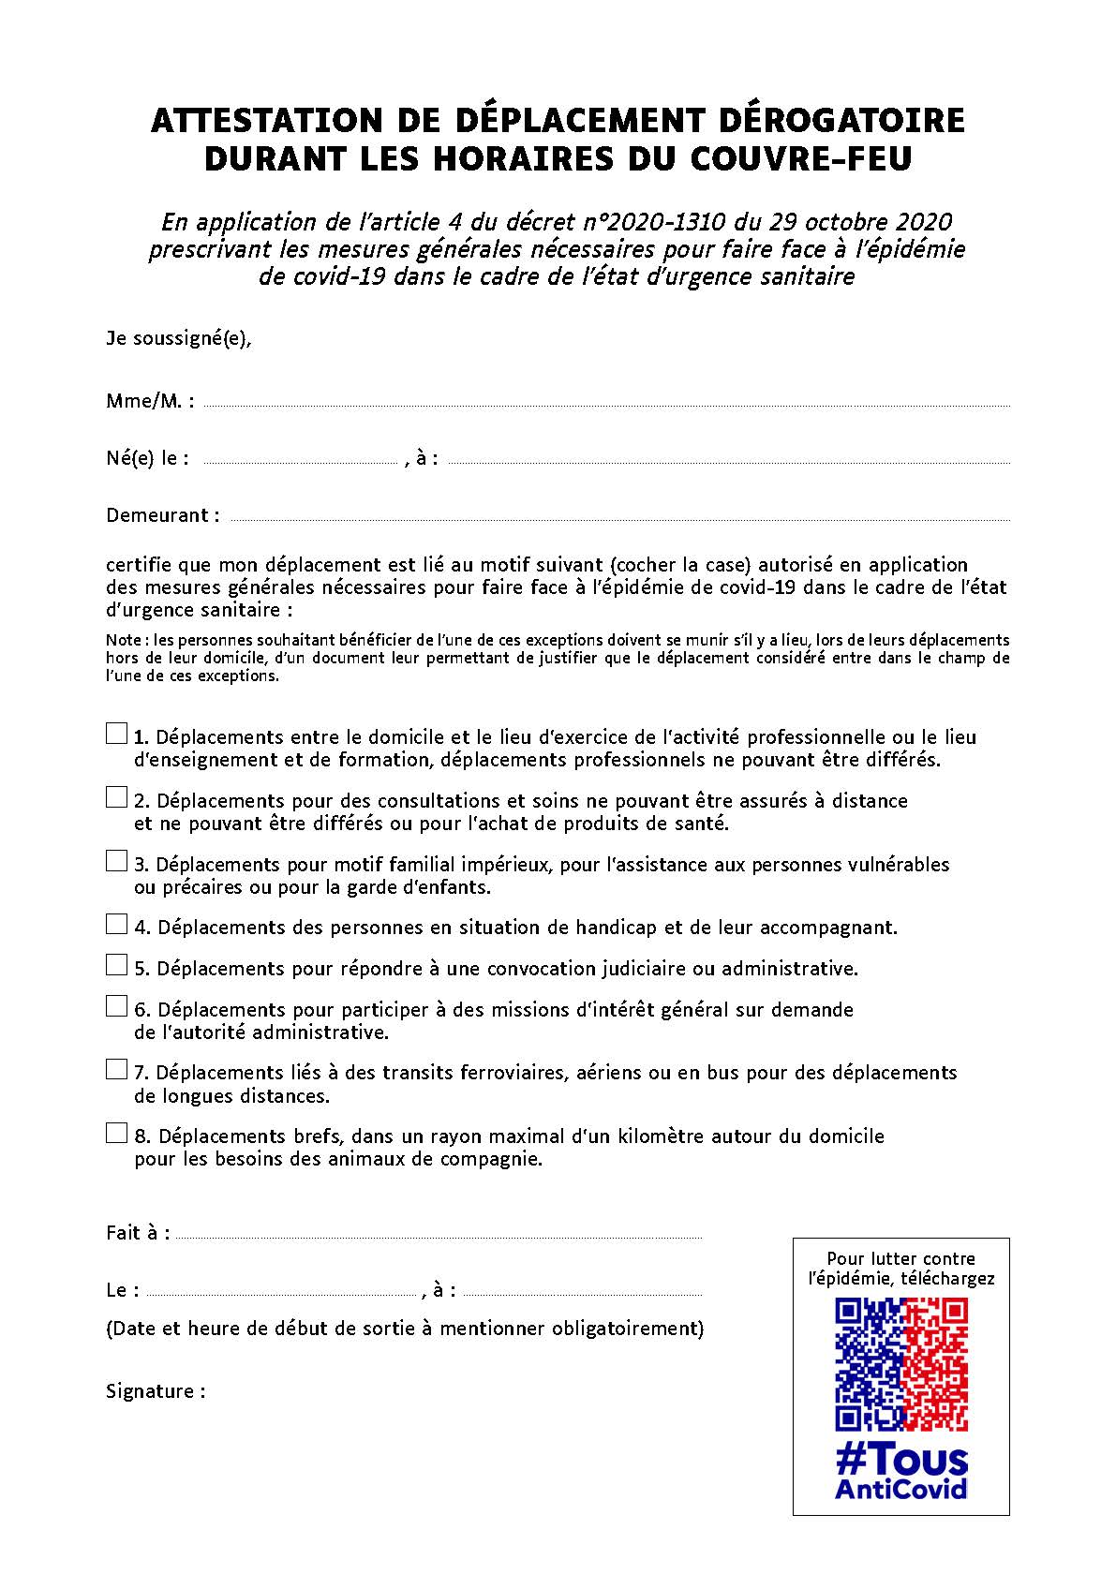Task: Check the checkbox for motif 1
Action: (116, 734)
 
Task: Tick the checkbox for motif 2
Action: (116, 797)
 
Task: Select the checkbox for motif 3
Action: (116, 861)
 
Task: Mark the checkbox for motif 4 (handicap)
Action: (116, 925)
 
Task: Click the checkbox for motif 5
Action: (116, 965)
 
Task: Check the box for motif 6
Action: (116, 1006)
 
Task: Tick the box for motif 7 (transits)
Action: (116, 1069)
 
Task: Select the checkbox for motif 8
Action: (116, 1133)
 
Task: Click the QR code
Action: (900, 1364)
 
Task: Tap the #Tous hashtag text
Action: (900, 1461)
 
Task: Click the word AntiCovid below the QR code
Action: (900, 1489)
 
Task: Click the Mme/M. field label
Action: (150, 401)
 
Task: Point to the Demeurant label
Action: (163, 515)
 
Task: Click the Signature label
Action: (156, 1391)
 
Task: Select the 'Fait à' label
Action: (138, 1233)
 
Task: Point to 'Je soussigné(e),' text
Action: (179, 338)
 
